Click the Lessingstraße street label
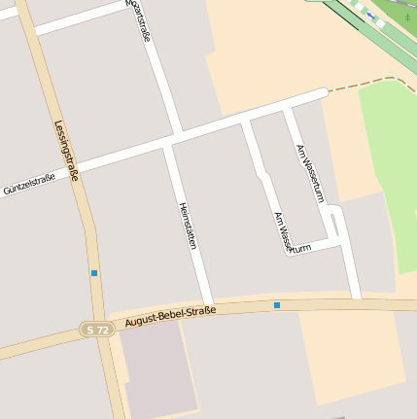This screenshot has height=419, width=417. click(65, 152)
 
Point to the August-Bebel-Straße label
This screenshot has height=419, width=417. click(170, 313)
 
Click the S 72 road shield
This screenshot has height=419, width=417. click(97, 331)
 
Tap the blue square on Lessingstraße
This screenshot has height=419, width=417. click(94, 273)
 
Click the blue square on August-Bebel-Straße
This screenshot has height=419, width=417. click(277, 305)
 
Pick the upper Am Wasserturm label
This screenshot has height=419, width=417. click(308, 172)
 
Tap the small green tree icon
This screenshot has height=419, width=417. click(407, 17)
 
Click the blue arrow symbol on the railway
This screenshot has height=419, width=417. click(370, 16)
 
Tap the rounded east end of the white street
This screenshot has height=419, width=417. click(323, 93)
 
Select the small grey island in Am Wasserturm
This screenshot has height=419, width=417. click(333, 226)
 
